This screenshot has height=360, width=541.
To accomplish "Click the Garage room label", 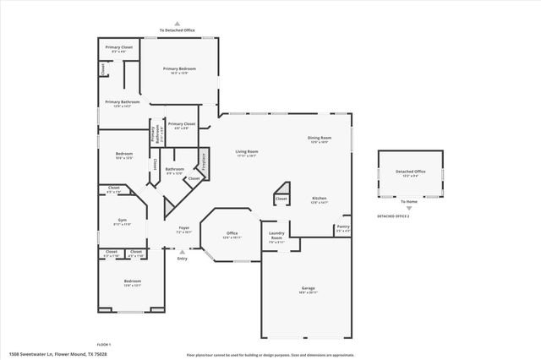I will click(309, 288).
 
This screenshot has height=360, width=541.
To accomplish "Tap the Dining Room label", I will click(320, 138).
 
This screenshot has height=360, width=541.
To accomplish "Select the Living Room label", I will click(247, 151).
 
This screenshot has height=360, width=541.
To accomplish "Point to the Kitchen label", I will click(320, 199).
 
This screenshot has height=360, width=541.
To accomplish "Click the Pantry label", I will click(342, 226).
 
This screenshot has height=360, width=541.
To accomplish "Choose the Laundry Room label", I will click(276, 235).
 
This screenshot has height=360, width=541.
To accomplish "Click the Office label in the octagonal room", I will click(232, 233).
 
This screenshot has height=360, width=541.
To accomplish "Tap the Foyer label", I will click(183, 228).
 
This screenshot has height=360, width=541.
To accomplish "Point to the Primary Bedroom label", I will click(180, 68).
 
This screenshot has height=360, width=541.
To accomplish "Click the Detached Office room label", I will click(410, 172).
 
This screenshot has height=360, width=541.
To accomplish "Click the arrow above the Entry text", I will click(182, 250).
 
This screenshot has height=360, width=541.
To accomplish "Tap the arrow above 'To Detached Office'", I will click(177, 24).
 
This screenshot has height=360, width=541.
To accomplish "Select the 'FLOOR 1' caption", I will click(104, 344).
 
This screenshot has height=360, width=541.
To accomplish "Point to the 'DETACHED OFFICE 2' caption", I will click(393, 216).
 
